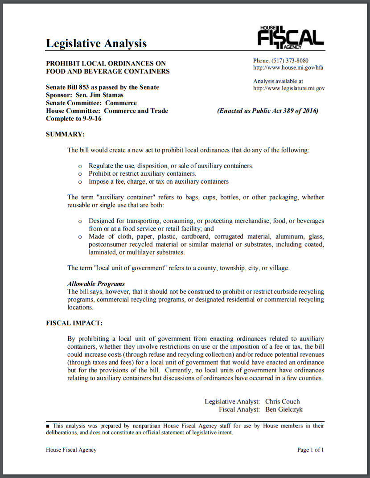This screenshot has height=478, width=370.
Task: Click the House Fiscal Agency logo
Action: [290, 37]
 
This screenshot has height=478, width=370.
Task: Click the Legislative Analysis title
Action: [96, 43]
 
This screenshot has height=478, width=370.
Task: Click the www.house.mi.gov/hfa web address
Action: [288, 68]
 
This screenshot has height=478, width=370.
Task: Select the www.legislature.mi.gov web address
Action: [289, 88]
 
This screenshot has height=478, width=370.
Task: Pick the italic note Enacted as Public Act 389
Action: [268, 111]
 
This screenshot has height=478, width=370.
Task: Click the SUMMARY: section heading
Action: [65, 134]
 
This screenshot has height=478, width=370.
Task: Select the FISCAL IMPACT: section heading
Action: [74, 323]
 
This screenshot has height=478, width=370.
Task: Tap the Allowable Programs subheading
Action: [96, 284]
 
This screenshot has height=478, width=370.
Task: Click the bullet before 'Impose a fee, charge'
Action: [80, 182]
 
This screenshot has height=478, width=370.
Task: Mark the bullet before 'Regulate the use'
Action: [80, 166]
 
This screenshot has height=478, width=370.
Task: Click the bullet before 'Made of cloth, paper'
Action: [80, 237]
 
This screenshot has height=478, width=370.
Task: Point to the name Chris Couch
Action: [283, 401]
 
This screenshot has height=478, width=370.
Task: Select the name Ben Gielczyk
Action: [284, 409]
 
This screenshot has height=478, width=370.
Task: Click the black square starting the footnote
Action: [48, 426]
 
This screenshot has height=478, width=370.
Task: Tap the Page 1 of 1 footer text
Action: [310, 450]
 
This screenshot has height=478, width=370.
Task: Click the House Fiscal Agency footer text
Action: [71, 450]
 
